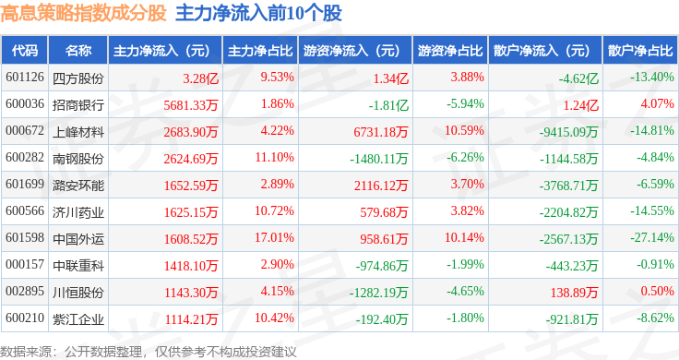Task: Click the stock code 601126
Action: (x=25, y=78)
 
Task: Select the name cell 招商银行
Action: (x=78, y=104)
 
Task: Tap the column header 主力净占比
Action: (x=260, y=51)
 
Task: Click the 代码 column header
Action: (x=25, y=51)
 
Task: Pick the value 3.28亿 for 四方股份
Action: (x=200, y=78)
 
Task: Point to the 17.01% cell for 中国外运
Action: (x=274, y=237)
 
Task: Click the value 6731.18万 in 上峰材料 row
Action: (x=381, y=132)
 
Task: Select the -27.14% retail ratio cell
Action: (x=652, y=237)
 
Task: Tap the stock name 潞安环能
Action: (x=78, y=185)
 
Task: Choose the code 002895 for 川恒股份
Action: (x=25, y=291)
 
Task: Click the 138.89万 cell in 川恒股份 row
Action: (x=574, y=293)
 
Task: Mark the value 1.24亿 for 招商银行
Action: (x=580, y=105)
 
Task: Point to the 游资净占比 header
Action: (x=450, y=51)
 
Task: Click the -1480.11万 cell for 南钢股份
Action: (x=379, y=159)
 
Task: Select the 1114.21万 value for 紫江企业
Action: (x=191, y=319)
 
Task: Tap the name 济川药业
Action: (x=78, y=211)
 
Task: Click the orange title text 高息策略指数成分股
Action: (x=84, y=13)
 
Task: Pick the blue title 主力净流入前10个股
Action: (x=258, y=13)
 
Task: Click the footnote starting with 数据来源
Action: (x=149, y=352)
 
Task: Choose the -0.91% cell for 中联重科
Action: (x=655, y=264)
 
